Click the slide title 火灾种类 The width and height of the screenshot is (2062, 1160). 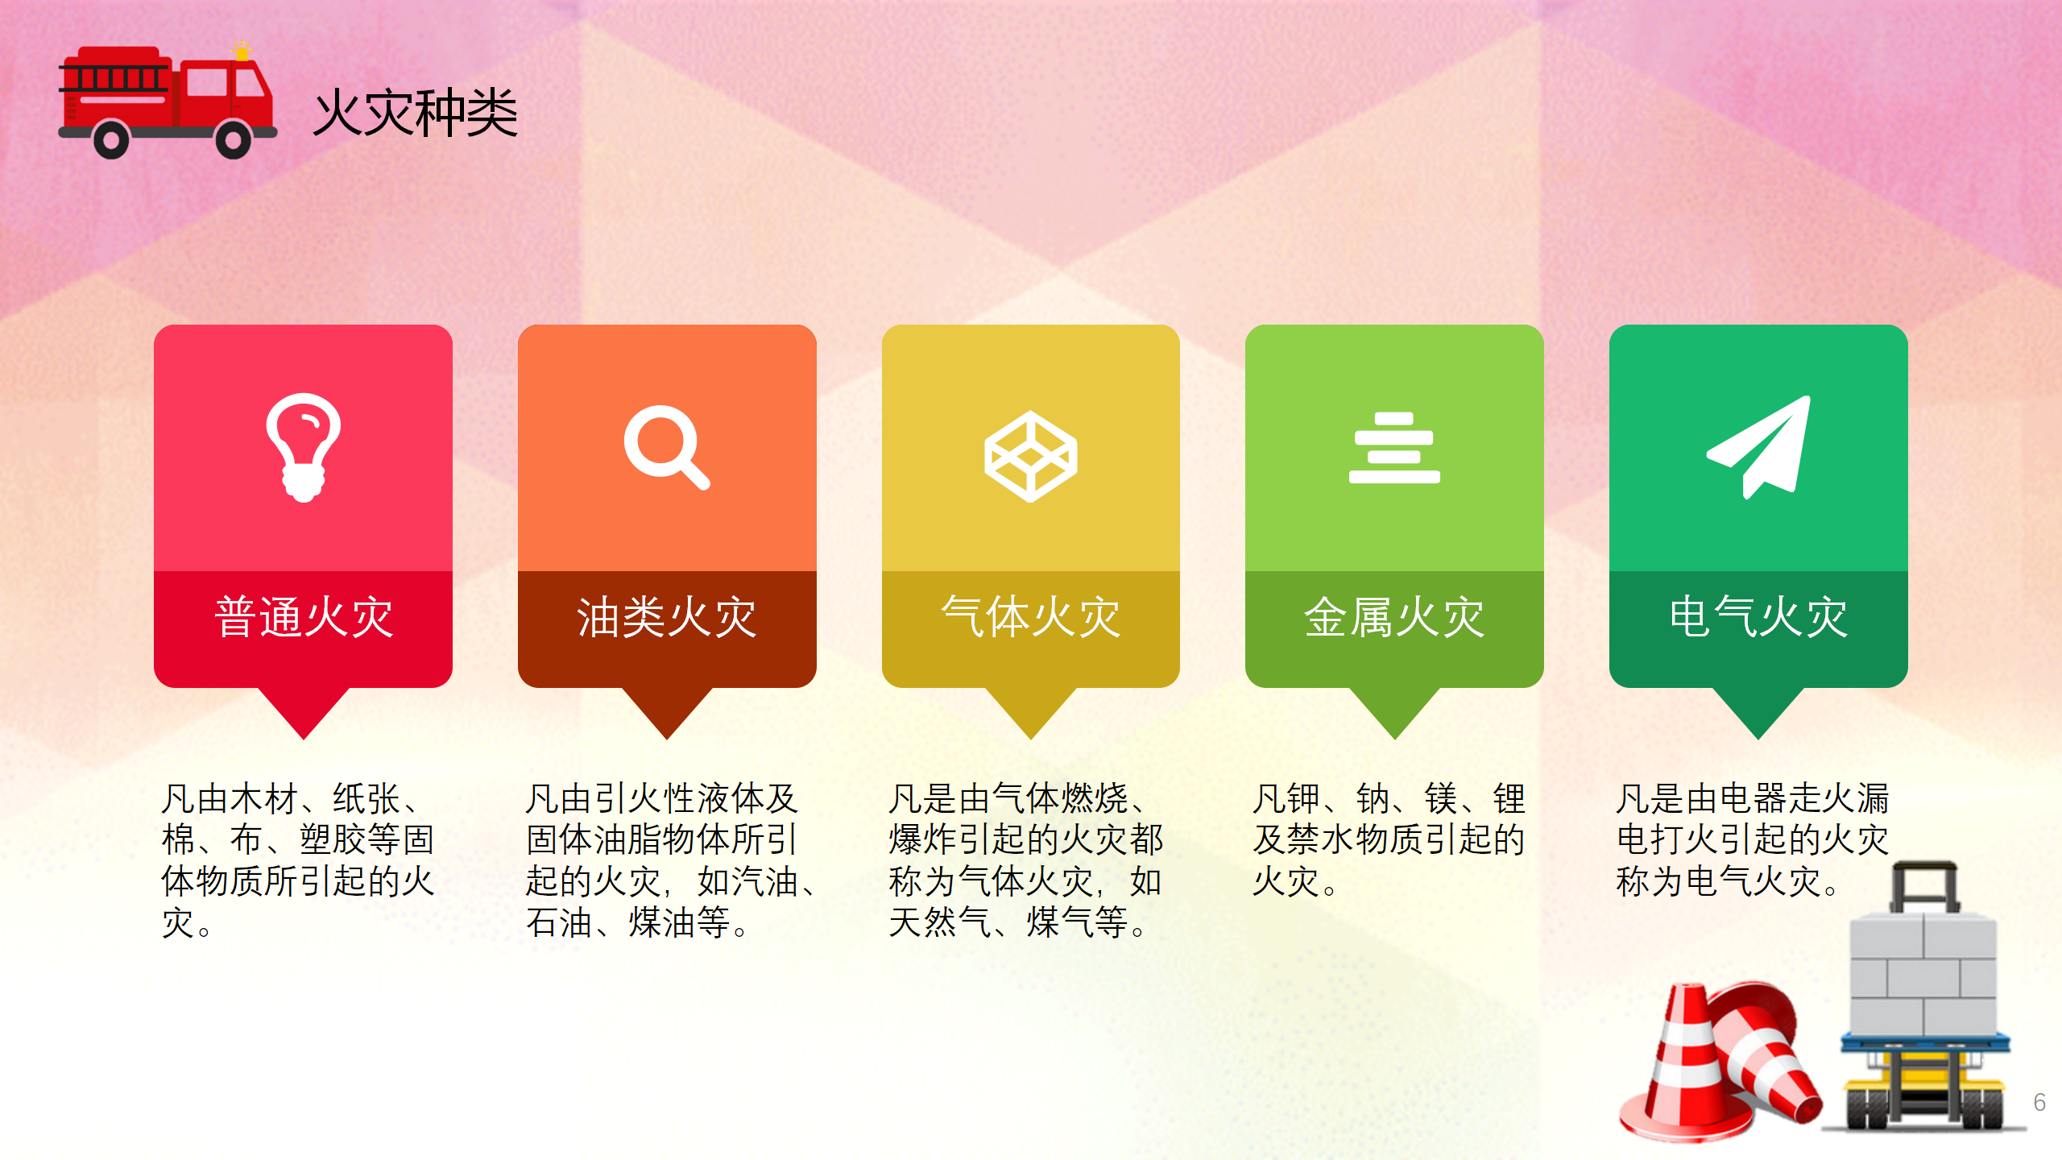[416, 113]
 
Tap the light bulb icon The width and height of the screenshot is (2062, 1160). [304, 447]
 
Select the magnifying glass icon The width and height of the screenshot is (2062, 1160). [667, 447]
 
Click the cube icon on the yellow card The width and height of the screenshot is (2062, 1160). [1030, 456]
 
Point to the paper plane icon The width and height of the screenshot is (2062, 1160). [1759, 447]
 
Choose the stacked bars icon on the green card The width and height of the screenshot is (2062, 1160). [1394, 448]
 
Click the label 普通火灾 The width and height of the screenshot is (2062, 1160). [304, 618]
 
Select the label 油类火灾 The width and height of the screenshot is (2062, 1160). [667, 618]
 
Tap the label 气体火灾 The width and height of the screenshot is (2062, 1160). [1031, 618]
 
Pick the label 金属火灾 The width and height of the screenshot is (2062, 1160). [1394, 618]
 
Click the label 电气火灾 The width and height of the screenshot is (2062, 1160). [1758, 618]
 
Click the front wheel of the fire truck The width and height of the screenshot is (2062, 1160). [234, 140]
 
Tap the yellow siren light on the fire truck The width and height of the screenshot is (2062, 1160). [242, 52]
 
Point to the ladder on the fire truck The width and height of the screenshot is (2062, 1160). [114, 79]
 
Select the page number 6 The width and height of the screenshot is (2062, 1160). [2039, 1102]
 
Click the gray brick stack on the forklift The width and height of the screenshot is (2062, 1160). [1923, 975]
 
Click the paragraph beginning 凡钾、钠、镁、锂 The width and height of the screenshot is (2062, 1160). [1389, 840]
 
